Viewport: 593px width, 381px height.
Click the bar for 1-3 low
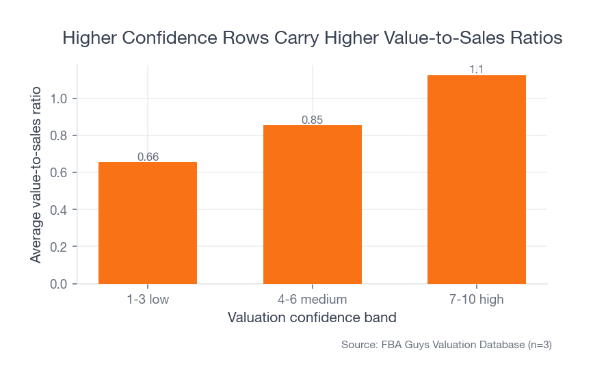[x=148, y=222]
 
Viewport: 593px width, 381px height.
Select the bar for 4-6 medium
[x=312, y=204]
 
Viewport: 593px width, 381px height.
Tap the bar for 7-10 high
[x=477, y=179]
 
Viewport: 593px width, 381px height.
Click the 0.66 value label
[x=148, y=157]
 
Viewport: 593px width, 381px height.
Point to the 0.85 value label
[x=312, y=120]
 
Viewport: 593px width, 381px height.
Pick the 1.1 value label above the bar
[x=477, y=70]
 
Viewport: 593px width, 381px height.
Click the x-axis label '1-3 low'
[x=148, y=300]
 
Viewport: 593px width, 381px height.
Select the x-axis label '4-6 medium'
[x=312, y=300]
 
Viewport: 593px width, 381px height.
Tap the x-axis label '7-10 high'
[x=477, y=300]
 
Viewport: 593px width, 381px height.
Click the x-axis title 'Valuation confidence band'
[x=312, y=318]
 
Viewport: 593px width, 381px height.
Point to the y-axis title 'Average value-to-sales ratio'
[x=36, y=174]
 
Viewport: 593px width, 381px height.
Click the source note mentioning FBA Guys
[x=446, y=345]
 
